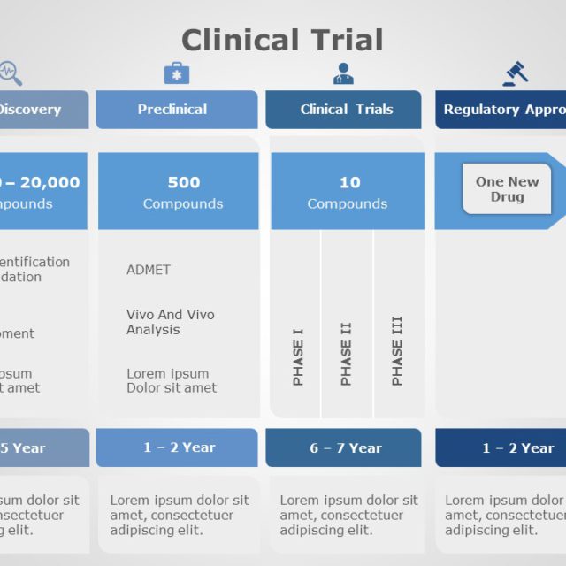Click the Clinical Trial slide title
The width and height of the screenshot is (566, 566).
(x=282, y=40)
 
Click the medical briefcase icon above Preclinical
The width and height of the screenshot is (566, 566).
(x=177, y=73)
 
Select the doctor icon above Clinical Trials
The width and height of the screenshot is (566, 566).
(x=343, y=73)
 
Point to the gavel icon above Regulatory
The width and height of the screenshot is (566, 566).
(x=515, y=73)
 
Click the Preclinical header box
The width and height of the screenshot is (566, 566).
(x=177, y=110)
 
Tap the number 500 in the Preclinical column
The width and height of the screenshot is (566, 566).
(x=184, y=182)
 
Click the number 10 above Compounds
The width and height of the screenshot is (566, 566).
(x=349, y=182)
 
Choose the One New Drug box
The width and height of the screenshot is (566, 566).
(x=507, y=189)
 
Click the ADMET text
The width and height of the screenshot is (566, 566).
(x=149, y=270)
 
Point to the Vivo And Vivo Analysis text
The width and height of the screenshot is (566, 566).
(x=170, y=322)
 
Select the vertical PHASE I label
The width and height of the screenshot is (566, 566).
(x=298, y=356)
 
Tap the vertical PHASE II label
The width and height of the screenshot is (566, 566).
(x=347, y=353)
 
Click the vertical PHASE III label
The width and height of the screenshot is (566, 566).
(x=397, y=350)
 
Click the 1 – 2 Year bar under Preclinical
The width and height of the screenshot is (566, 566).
(x=177, y=448)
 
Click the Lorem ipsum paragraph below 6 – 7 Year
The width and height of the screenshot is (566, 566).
(x=348, y=515)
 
